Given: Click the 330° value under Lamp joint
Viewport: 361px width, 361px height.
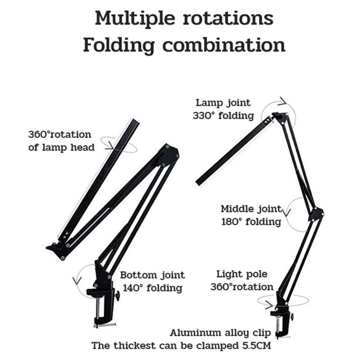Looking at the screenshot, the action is pos(204,116).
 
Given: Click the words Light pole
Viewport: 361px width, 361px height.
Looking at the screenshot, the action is pos(242,274).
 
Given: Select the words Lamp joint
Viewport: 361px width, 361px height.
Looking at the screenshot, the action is pos(223,103).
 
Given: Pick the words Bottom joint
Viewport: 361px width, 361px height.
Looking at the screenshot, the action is pos(153,275).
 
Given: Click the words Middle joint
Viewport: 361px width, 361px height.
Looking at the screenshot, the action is pos(251,209).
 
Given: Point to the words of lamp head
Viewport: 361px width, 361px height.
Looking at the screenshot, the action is pos(61,148).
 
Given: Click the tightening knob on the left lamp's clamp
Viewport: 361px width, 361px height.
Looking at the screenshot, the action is pos(117,296).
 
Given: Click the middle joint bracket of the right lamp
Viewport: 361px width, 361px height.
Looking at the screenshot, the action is pos(316,213).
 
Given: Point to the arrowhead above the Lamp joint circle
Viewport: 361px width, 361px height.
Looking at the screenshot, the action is pos(282,101).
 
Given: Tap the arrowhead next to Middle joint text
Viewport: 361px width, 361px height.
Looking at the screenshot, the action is pos(286,213).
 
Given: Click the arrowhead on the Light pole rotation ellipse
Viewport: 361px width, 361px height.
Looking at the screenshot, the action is pos(269,305).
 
